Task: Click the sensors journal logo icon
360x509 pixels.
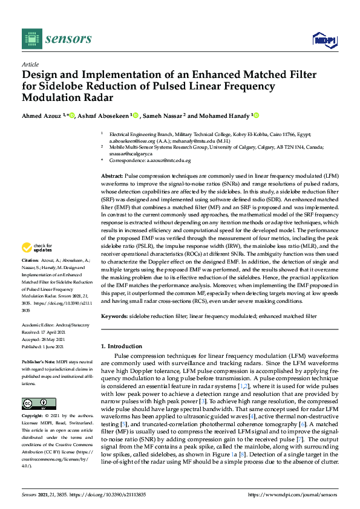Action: coord(31,39)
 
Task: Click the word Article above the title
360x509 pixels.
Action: coord(30,64)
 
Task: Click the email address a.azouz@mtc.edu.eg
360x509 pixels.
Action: coord(167,161)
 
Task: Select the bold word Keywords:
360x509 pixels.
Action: coord(113,316)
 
